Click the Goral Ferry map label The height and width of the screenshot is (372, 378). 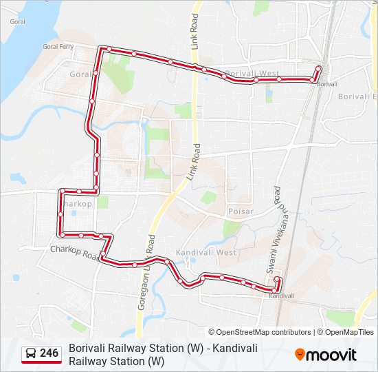click(58, 47)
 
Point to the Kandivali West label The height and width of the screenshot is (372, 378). click(205, 253)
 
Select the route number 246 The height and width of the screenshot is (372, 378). click(49, 353)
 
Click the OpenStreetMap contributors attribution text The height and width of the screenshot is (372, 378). click(259, 332)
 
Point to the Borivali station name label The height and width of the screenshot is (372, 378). click(328, 83)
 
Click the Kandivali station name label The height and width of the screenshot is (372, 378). click(282, 296)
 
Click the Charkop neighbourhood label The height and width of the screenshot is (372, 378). click(77, 204)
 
